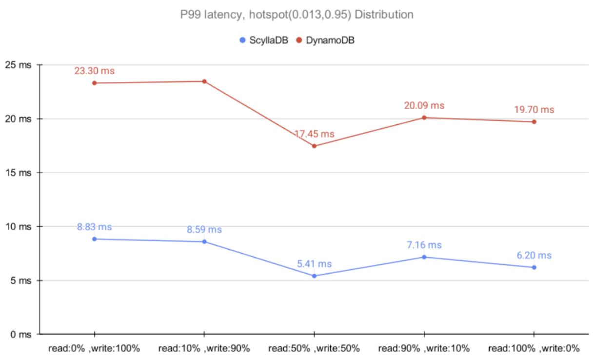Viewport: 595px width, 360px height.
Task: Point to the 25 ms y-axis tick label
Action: pyautogui.click(x=19, y=65)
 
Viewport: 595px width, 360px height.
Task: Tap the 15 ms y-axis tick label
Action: pyautogui.click(x=19, y=173)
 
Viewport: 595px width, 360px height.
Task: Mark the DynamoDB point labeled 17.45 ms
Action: pyautogui.click(x=314, y=146)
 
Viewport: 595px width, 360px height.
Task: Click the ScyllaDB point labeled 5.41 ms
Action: pyautogui.click(x=314, y=276)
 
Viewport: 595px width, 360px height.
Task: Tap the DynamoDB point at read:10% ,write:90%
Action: pyautogui.click(x=204, y=81)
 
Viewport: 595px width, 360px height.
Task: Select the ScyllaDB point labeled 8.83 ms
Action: pyautogui.click(x=94, y=239)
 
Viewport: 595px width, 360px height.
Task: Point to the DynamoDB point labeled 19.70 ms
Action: pyautogui.click(x=534, y=121)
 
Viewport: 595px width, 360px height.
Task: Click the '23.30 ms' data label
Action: pyautogui.click(x=94, y=71)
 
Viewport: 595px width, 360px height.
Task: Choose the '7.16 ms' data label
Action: pyautogui.click(x=424, y=245)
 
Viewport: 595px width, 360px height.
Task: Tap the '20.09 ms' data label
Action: pyautogui.click(x=424, y=106)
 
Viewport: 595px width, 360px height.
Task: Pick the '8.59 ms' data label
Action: pyautogui.click(x=204, y=229)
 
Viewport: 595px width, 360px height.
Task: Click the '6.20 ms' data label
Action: pyautogui.click(x=534, y=255)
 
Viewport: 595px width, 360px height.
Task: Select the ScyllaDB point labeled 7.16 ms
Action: pyautogui.click(x=424, y=257)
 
